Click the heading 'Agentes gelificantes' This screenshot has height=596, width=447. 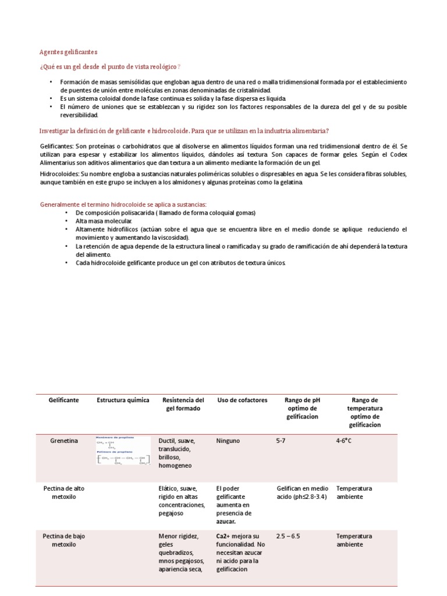(69, 52)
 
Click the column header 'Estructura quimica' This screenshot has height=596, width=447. (123, 400)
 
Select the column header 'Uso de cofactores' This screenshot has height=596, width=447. (242, 400)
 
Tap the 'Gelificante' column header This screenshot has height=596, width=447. (64, 400)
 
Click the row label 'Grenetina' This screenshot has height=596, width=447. (64, 441)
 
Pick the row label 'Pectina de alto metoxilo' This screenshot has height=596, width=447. (64, 493)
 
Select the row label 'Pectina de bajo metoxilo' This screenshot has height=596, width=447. (64, 541)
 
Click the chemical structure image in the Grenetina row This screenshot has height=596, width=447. (123, 450)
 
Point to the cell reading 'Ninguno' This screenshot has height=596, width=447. (228, 441)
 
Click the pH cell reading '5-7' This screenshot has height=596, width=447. (281, 441)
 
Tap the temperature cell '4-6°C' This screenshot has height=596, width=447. (344, 441)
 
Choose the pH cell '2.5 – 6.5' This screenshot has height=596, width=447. (288, 537)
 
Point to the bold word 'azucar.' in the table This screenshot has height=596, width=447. (226, 522)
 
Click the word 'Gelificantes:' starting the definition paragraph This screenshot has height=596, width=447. (57, 145)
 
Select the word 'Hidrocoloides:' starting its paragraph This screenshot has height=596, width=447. (59, 174)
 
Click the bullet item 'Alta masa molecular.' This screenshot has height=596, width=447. (104, 221)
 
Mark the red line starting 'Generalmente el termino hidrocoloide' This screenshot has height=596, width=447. (123, 204)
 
